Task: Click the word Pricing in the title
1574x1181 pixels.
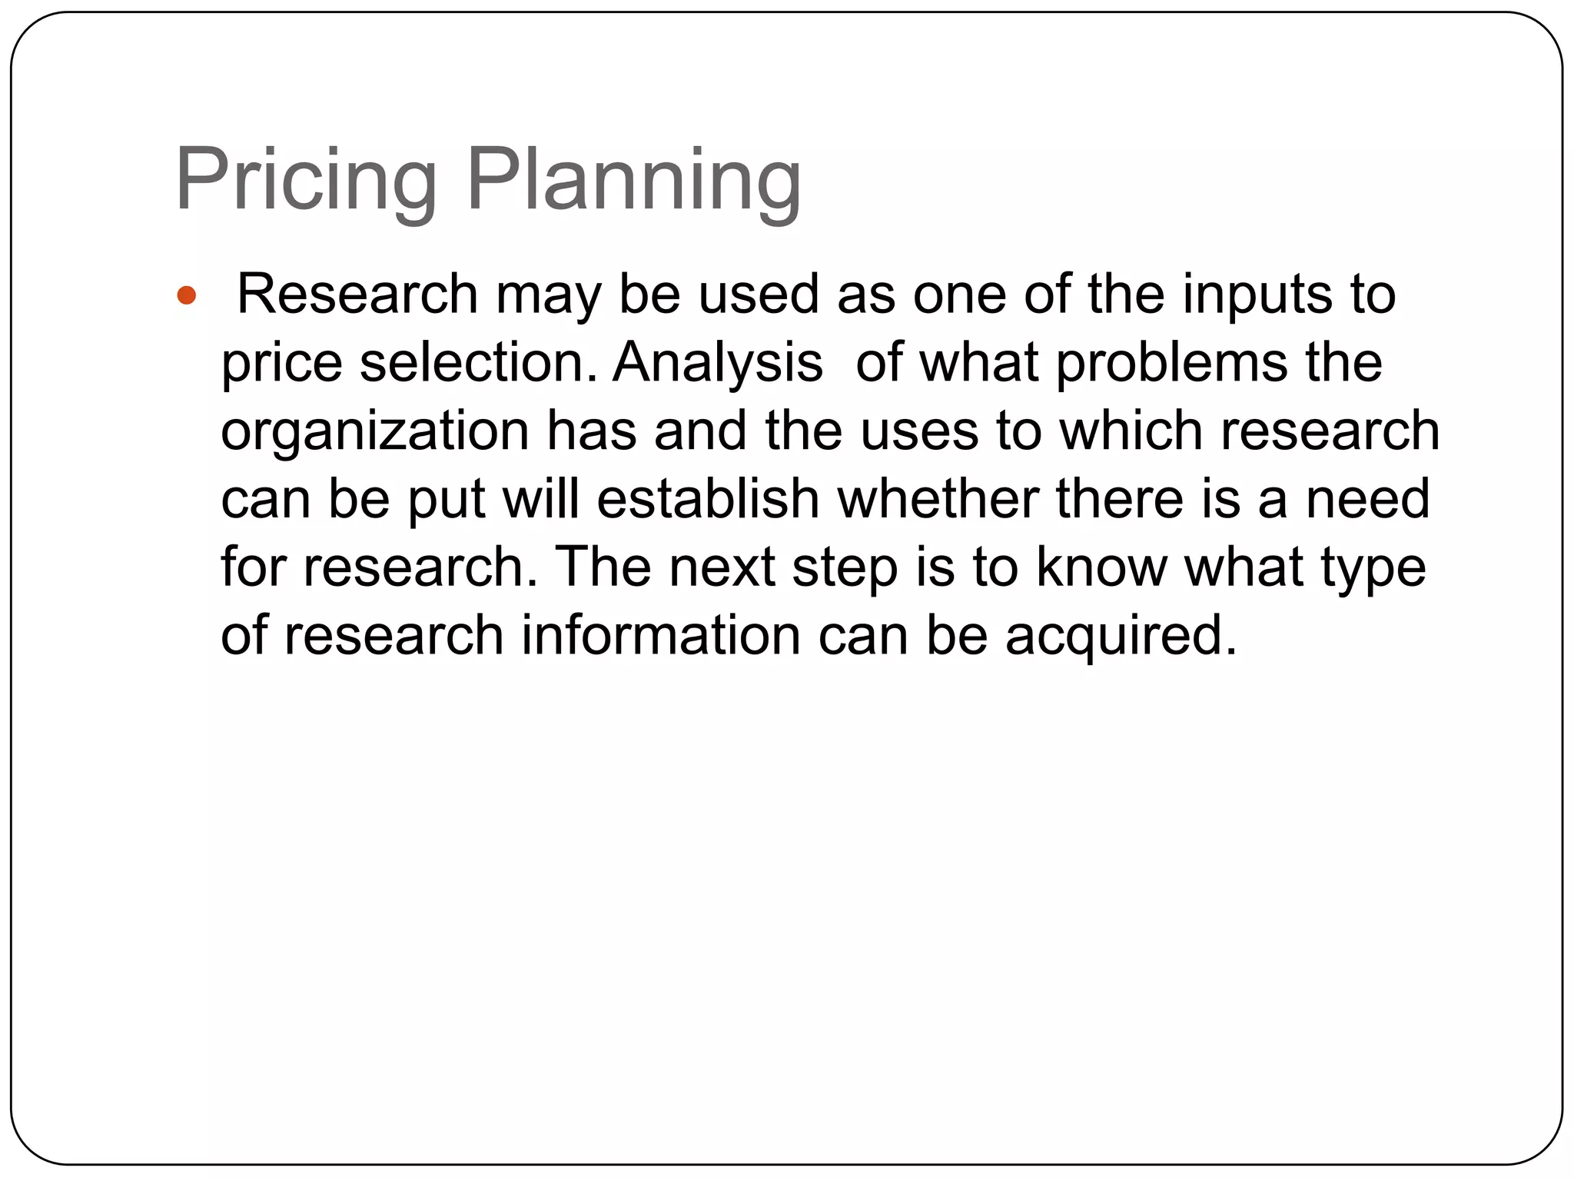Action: tap(306, 182)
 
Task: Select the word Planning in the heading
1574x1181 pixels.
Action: tap(633, 182)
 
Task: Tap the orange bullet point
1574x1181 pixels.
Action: tap(187, 295)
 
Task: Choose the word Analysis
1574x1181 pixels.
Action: tap(717, 362)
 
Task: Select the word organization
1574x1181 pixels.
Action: tap(375, 431)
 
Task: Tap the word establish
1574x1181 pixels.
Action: tap(708, 498)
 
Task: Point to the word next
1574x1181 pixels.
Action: tap(722, 567)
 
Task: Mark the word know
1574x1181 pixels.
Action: tap(1101, 567)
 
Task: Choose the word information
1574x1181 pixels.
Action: tap(661, 635)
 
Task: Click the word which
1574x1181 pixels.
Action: tap(1131, 431)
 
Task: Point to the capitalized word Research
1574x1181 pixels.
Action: tap(357, 295)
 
